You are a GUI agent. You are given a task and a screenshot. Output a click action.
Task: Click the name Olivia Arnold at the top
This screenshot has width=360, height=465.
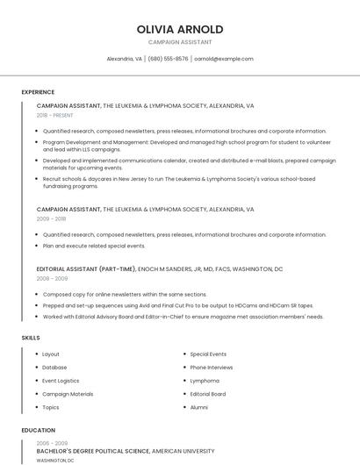coord(180,29)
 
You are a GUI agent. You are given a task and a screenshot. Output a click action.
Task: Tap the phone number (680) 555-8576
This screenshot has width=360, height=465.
coord(168,59)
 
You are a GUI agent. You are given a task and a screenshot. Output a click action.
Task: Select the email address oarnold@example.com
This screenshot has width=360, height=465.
coord(224,59)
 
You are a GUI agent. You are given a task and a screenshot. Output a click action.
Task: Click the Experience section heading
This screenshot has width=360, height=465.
coord(38,92)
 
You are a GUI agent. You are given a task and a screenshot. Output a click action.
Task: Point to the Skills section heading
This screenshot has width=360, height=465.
coord(31,338)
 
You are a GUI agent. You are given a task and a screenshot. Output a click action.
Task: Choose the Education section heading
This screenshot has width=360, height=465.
coord(39,431)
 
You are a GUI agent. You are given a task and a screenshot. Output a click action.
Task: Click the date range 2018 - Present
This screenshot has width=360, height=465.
coord(55,115)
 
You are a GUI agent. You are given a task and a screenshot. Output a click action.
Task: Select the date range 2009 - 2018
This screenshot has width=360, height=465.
coord(51,219)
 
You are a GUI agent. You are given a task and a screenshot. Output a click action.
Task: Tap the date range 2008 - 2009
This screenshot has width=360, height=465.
coord(52,278)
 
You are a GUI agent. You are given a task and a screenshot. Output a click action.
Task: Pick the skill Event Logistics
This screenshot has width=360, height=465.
coord(61,381)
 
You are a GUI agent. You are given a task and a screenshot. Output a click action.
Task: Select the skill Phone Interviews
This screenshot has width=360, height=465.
coord(212,368)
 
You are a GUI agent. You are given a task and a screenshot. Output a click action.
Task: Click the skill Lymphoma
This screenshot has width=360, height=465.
coord(205,381)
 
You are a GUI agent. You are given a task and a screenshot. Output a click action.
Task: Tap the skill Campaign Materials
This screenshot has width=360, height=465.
coord(68,394)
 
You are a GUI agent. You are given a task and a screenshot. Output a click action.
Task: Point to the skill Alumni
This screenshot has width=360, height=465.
coord(199,407)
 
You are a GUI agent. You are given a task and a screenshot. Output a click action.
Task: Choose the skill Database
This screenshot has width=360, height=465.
coord(54,368)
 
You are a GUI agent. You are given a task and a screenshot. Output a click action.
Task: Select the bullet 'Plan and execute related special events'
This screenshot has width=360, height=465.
coord(94,246)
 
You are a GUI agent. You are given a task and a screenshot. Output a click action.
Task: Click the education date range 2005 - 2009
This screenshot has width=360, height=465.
coord(52,443)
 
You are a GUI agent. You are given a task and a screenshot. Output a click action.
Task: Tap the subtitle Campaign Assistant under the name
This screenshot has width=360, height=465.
coord(180,42)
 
